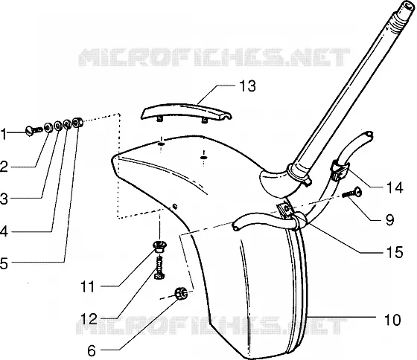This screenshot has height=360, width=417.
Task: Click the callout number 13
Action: pos(247,86)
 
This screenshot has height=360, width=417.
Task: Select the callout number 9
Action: pos(389,219)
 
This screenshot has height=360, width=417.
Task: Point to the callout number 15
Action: pos(395,252)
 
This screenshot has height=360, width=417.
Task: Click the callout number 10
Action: pos(392,319)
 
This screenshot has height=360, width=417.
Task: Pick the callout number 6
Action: pos(91,350)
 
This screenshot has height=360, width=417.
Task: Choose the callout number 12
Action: pos(89,319)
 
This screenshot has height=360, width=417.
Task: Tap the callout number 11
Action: pos(88,287)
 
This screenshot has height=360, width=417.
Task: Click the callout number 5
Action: pos(4,263)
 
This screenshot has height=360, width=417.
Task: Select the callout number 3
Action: pos(4,199)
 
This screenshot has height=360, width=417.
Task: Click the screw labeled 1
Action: pos(34,130)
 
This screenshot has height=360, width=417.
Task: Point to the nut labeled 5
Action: pos(77,122)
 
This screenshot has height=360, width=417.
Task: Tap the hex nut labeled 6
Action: pos(180,293)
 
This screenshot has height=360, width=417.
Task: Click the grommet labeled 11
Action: pos(159,245)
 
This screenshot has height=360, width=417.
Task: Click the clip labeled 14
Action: pos(340,170)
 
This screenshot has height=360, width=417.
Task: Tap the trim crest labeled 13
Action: pos(186,112)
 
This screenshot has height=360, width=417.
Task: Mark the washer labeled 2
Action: pos(48,127)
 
